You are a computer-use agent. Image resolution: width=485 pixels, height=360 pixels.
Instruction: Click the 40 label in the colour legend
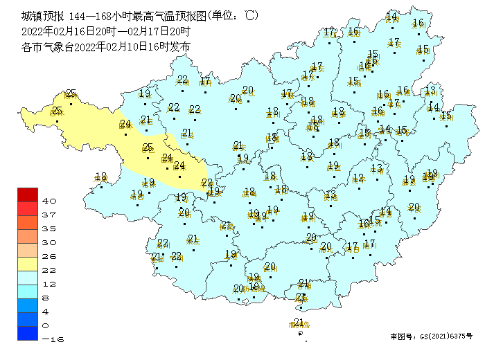[49, 201]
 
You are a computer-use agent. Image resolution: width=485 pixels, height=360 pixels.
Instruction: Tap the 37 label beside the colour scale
[49, 215]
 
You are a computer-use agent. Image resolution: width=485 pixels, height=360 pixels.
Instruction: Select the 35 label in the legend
[49, 228]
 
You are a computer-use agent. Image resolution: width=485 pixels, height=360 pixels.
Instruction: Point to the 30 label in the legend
[49, 242]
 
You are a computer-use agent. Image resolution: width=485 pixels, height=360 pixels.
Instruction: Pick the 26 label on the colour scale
[49, 256]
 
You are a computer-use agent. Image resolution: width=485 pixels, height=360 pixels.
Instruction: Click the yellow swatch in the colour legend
[28, 264]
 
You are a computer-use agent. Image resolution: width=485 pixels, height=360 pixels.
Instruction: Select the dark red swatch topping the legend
[28, 195]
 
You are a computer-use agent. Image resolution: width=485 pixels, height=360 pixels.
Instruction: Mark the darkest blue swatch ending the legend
[28, 333]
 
